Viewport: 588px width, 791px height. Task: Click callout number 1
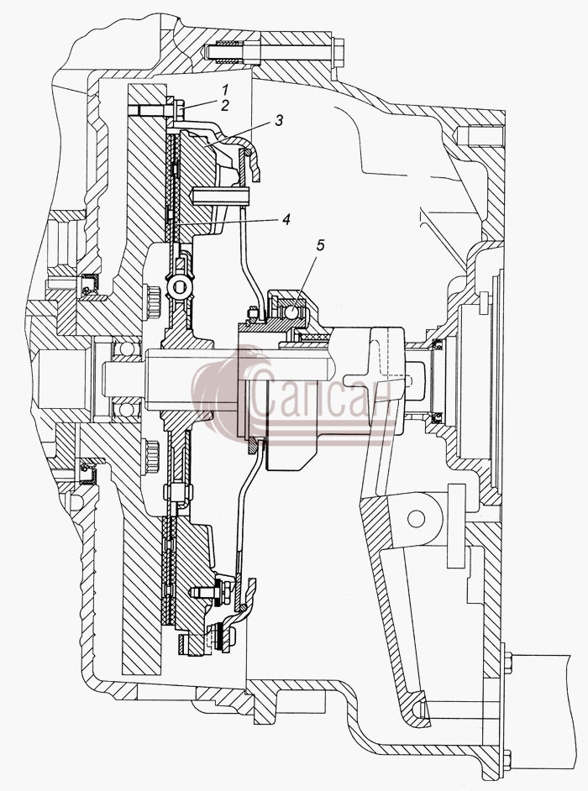click(x=224, y=91)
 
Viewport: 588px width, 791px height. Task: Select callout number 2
click(x=225, y=106)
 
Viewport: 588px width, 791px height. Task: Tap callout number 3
click(x=279, y=121)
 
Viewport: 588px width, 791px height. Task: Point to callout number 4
click(x=286, y=219)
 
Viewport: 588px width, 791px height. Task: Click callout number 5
click(x=321, y=245)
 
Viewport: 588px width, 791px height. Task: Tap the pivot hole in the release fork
click(x=417, y=518)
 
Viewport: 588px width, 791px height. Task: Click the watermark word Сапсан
click(x=322, y=395)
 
